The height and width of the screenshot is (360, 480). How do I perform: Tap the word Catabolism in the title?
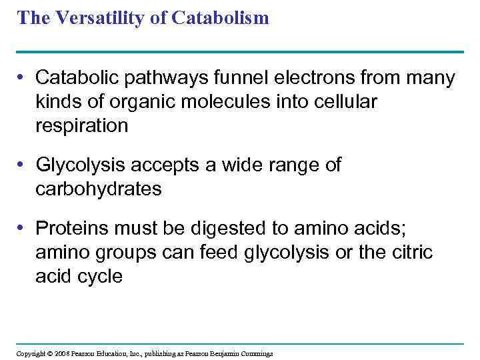[x=220, y=18]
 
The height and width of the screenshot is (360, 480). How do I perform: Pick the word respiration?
[x=82, y=125]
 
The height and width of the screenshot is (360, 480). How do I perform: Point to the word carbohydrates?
[x=99, y=189]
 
